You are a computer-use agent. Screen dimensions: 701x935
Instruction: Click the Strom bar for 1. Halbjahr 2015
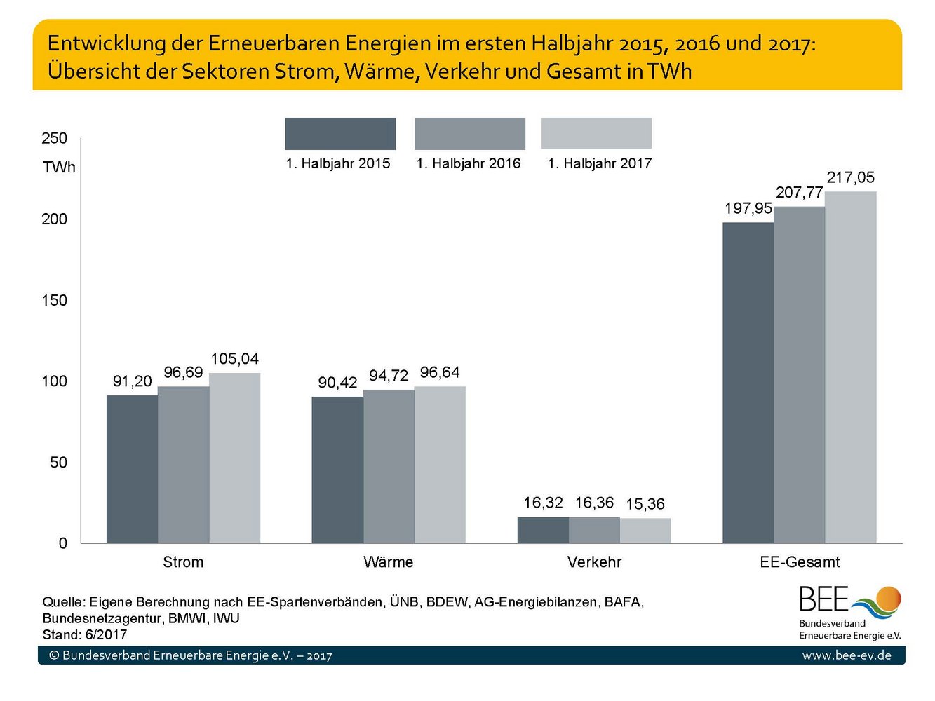coord(132,469)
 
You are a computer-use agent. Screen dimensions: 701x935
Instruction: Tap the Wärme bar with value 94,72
coord(389,466)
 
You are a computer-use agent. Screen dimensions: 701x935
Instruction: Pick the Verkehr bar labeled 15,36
coord(645,531)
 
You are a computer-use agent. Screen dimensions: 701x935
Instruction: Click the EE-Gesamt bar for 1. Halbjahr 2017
coord(850,367)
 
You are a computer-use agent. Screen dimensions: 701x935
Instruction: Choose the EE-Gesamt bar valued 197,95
coord(748,383)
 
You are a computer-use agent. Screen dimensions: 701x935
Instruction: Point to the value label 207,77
coord(799,193)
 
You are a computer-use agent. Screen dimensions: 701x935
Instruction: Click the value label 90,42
coord(337,383)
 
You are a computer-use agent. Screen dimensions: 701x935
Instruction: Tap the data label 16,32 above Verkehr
coord(543,503)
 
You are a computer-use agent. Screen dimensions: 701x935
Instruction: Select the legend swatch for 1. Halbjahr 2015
coord(340,133)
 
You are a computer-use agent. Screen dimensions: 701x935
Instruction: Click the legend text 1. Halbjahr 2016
coord(469,163)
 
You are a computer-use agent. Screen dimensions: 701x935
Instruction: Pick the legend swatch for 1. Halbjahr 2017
coord(596,133)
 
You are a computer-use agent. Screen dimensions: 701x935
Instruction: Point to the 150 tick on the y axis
coord(54,301)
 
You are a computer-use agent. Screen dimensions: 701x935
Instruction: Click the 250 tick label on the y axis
coord(54,138)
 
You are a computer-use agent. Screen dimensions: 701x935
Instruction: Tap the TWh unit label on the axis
coord(59,168)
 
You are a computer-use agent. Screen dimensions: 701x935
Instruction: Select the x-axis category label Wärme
coord(389,562)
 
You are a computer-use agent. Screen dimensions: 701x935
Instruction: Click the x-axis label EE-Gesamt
coord(800,562)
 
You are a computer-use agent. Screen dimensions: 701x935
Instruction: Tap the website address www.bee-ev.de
coord(847,655)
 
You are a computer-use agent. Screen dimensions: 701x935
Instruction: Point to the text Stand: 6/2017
coord(85,635)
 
